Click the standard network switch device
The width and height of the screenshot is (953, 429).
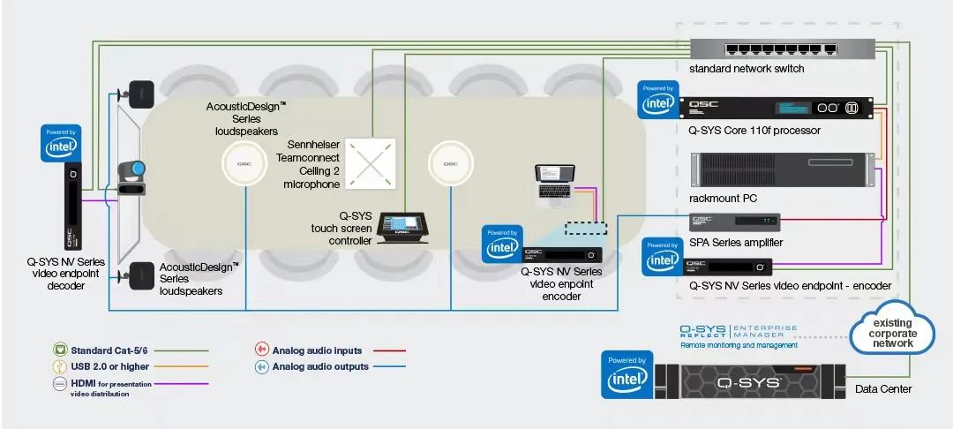pos(782,49)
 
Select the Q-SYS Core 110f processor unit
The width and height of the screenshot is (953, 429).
pos(777,108)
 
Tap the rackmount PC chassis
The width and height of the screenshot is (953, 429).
pos(782,169)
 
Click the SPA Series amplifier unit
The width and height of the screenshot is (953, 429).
pos(735,222)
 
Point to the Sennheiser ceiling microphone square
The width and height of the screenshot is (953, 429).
pos(370,163)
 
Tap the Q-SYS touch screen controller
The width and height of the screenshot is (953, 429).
pos(403,227)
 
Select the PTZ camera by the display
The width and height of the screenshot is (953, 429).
pos(131,177)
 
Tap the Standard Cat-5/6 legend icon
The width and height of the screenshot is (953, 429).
pos(60,350)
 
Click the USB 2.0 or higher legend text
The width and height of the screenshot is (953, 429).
pos(110,366)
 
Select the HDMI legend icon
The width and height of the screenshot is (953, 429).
pos(60,383)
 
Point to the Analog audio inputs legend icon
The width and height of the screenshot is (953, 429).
pos(261,350)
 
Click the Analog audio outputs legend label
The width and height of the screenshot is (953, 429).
pos(320,366)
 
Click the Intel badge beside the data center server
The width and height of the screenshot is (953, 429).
pos(627,374)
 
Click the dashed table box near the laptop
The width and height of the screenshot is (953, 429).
pos(586,229)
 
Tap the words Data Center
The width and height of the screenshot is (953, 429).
pos(883,389)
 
